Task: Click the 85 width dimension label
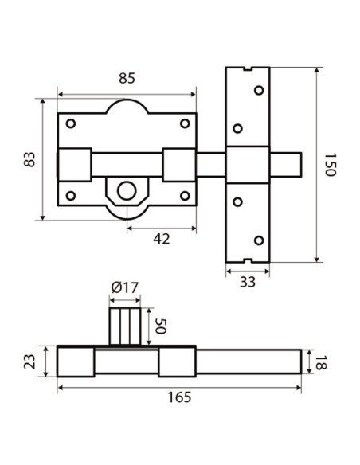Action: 127,78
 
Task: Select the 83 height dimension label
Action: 29,159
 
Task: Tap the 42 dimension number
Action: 162,239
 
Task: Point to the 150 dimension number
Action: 330,165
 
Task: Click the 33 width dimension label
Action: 248,282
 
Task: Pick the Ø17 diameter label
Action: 125,287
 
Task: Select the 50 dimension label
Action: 160,326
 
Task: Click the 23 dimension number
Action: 29,361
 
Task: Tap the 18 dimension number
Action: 319,362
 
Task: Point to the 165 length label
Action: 179,397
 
